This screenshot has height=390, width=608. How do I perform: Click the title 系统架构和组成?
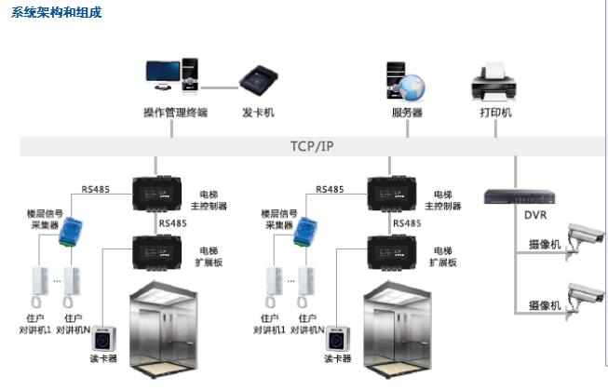point(57,13)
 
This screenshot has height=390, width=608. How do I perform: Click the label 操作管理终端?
point(175,113)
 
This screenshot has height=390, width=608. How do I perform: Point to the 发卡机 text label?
point(258,113)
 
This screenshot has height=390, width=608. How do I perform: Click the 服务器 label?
point(407,113)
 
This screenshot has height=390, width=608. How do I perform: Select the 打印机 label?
point(495,113)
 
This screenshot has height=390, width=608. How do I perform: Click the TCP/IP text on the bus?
point(311,146)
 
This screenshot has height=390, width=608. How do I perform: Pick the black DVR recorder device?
point(519,196)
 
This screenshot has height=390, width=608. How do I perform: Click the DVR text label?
point(535,216)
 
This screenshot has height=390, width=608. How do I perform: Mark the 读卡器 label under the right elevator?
point(337,358)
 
